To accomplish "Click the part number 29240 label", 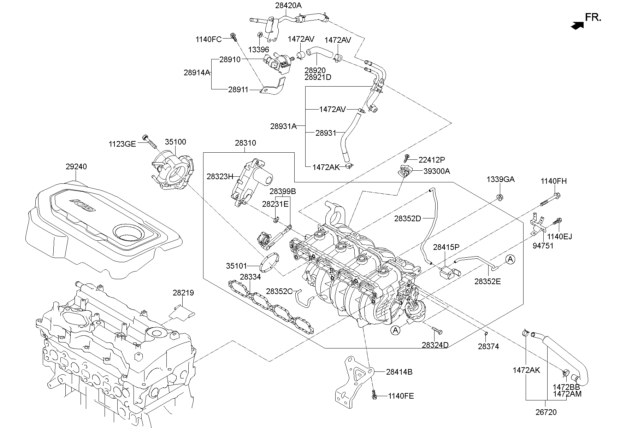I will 76,166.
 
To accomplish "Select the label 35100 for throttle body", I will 175,142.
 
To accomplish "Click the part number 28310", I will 246,143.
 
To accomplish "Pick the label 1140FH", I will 553,181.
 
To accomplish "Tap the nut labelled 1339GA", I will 500,197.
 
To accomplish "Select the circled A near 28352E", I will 510,260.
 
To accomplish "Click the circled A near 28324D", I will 396,330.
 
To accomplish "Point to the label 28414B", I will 399,372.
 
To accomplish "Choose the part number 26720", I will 546,412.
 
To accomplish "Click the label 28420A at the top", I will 289,5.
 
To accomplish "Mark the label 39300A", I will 437,171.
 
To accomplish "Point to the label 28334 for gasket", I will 250,277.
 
